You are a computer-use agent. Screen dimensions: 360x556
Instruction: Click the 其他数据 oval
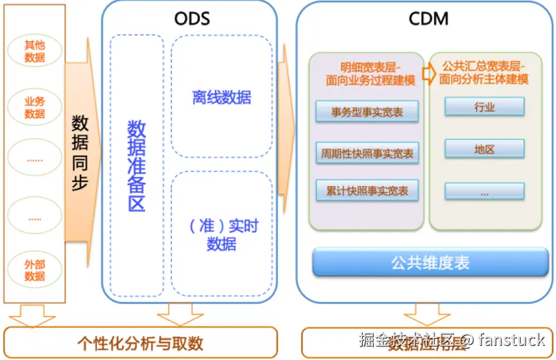(x=35, y=51)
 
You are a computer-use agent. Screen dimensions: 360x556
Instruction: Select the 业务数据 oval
(x=35, y=107)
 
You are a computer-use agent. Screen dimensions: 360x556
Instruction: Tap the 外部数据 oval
(x=35, y=270)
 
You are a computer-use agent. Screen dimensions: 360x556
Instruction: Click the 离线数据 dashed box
(x=222, y=97)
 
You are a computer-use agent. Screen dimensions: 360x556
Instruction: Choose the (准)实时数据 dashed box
(x=222, y=234)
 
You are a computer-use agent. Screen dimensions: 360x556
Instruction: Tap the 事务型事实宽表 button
(x=367, y=112)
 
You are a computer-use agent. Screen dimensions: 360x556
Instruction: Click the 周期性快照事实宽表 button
(x=367, y=153)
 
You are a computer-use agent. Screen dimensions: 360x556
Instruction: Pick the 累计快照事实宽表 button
(x=367, y=191)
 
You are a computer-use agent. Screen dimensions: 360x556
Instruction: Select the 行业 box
(x=485, y=107)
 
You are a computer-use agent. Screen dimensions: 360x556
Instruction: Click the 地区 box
(x=485, y=150)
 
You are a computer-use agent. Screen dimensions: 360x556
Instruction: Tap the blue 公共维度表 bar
(x=430, y=262)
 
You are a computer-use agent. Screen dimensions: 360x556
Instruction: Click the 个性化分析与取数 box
(x=140, y=343)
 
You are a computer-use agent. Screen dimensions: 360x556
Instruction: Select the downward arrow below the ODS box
(x=180, y=314)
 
